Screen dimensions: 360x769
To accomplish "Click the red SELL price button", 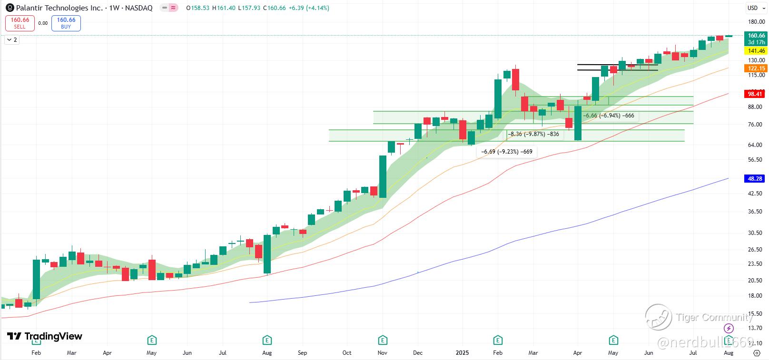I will (x=20, y=23).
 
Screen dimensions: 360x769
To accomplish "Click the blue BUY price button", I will (x=66, y=23).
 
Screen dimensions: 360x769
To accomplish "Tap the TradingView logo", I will (x=45, y=336).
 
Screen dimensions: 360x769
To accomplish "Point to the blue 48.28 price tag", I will (x=755, y=179).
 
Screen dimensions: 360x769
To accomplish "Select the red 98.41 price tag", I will (x=755, y=94).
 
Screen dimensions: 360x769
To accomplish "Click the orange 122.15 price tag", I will (x=756, y=68).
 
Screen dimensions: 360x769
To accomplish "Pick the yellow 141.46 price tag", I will (x=756, y=51).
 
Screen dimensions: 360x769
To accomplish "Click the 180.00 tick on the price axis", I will (x=756, y=22).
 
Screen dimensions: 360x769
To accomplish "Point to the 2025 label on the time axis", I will (x=462, y=353).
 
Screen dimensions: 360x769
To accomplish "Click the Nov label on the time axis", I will (x=383, y=353).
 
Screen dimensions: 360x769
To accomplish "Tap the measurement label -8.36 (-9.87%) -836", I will (x=533, y=134).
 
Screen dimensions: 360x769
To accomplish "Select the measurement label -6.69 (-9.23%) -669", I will (x=507, y=152).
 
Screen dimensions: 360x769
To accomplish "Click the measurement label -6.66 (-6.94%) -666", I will (x=609, y=116).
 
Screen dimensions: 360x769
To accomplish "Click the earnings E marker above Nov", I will (x=383, y=340).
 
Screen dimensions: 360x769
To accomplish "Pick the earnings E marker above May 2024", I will (x=151, y=340).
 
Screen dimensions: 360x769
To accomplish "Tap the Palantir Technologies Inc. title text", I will (x=59, y=8).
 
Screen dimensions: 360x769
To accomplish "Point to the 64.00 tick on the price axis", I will (x=756, y=145).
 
